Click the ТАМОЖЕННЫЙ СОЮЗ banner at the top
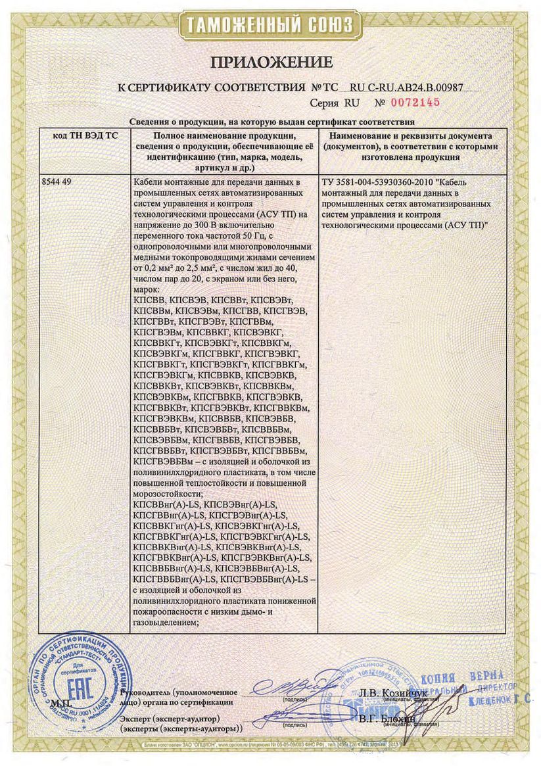coord(271,26)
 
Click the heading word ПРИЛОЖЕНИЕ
coord(271,62)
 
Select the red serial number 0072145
coord(415,103)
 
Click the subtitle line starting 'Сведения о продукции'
coord(271,122)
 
